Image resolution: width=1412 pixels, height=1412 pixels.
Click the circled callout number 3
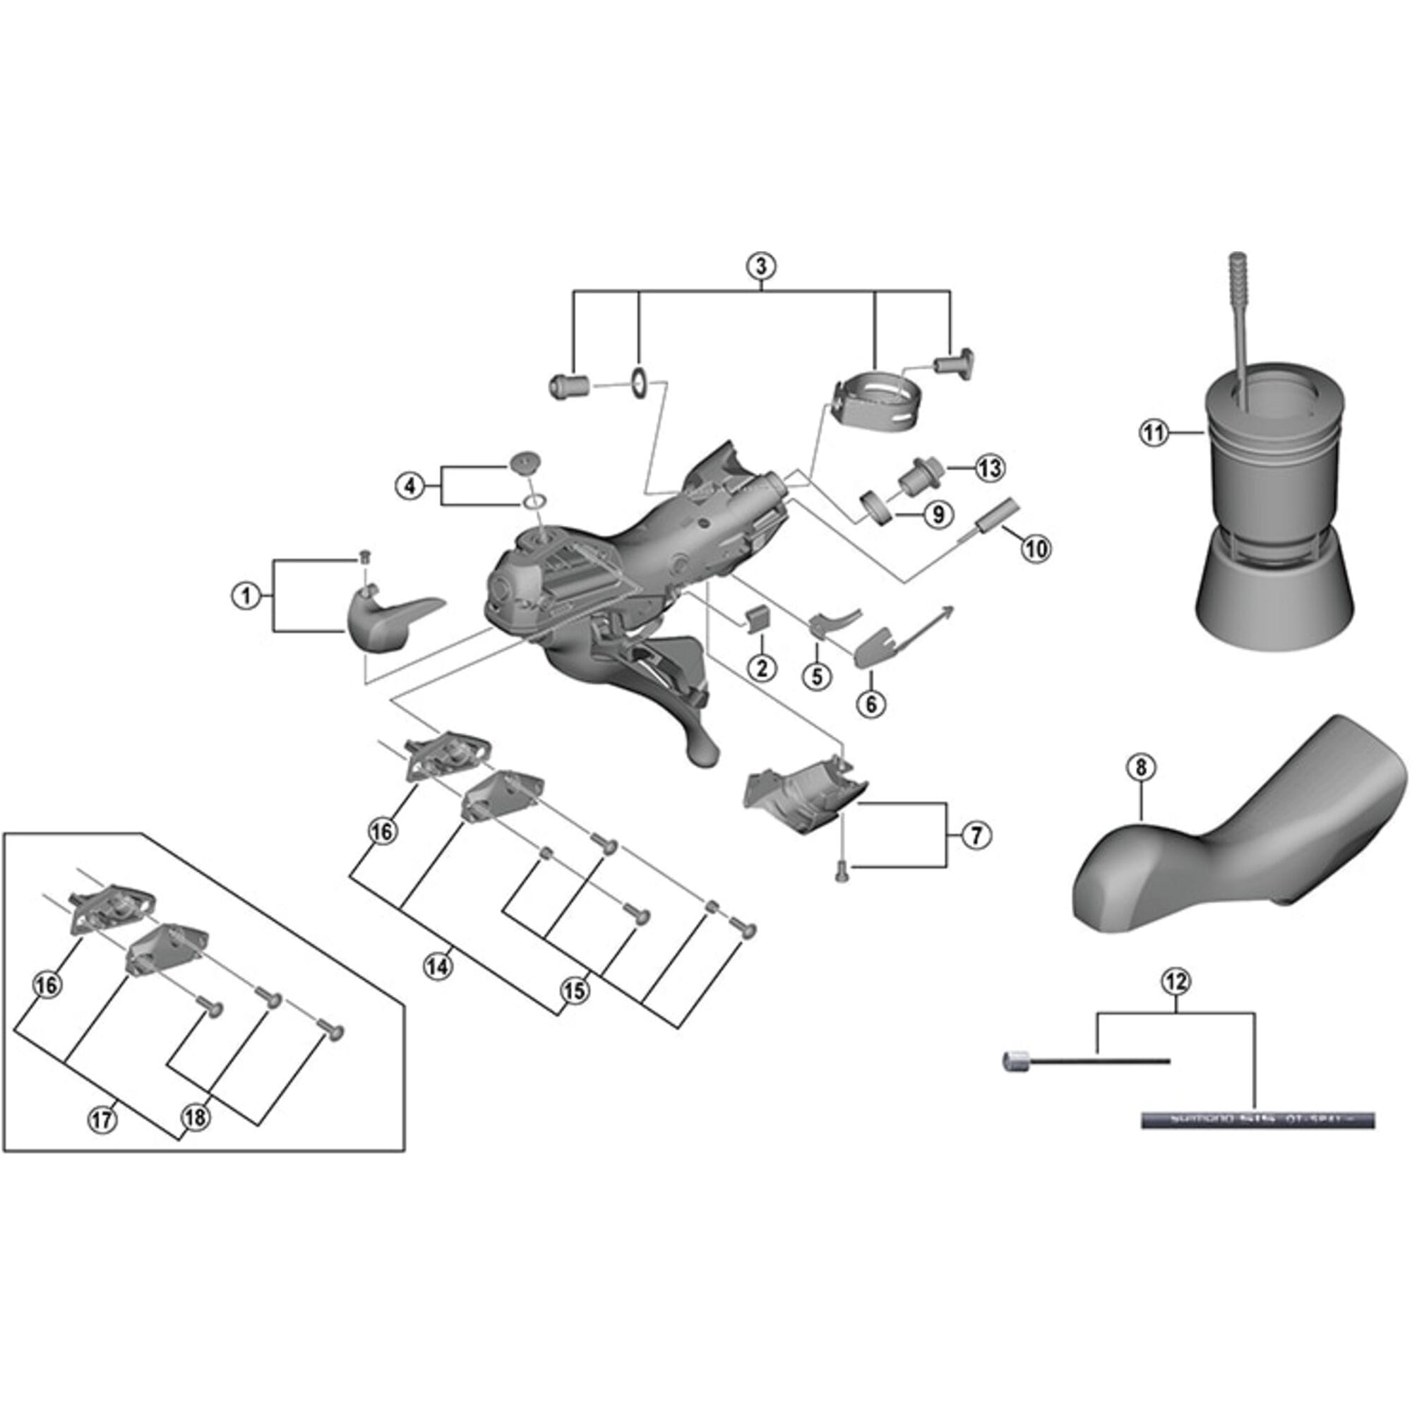[761, 265]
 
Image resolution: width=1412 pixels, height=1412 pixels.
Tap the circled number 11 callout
[1154, 433]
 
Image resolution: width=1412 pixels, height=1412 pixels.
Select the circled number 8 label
[1142, 767]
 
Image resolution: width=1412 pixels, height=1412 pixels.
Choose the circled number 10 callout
[1036, 548]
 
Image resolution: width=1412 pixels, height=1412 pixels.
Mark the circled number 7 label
[976, 834]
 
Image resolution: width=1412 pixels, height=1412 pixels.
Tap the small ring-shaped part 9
[876, 508]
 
